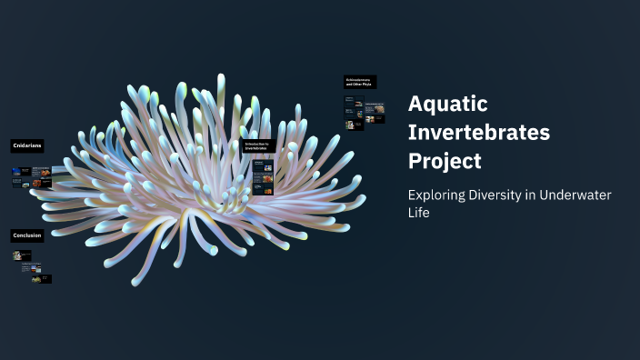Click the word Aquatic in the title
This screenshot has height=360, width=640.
[x=448, y=103]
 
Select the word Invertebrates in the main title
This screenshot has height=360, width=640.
[x=479, y=132]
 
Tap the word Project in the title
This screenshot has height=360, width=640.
[x=445, y=161]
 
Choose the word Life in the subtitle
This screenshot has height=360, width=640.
[x=418, y=213]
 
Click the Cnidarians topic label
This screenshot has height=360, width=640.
[x=26, y=145]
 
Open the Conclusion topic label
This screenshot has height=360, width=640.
[x=26, y=235]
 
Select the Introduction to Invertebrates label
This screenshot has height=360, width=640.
[x=258, y=145]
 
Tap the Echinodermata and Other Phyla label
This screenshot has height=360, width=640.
[x=360, y=82]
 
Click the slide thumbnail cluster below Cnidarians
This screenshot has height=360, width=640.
[x=31, y=176]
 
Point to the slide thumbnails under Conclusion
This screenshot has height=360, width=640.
[x=31, y=267]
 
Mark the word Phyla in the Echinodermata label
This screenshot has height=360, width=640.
[x=367, y=85]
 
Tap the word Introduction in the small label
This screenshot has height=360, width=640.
[x=255, y=143]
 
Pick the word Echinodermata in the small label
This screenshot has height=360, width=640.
[x=357, y=79]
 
